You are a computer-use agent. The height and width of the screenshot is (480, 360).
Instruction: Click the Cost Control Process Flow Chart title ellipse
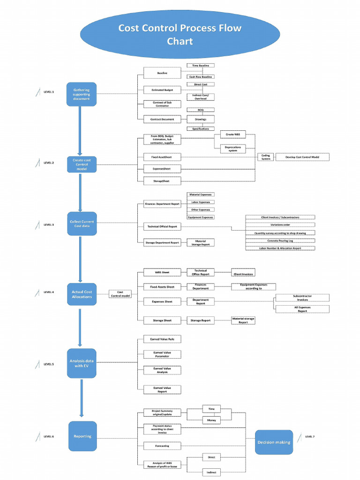(180, 35)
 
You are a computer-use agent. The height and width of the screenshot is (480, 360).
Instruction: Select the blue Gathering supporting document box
(81, 94)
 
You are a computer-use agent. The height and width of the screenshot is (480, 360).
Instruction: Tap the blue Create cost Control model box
(81, 165)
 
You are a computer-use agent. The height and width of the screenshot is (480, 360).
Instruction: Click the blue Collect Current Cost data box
(82, 224)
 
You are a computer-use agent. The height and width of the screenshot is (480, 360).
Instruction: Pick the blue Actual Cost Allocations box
(82, 294)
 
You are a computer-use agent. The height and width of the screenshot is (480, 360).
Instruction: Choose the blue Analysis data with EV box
(82, 363)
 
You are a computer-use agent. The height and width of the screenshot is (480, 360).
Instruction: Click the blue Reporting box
(82, 436)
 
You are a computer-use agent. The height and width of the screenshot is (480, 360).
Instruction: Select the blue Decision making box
(274, 442)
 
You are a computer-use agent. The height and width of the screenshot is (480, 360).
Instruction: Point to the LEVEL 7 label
(310, 436)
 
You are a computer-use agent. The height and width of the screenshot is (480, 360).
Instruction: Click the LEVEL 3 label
(49, 225)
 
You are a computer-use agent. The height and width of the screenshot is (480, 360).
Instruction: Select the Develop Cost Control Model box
(302, 157)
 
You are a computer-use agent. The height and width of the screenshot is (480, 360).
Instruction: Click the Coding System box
(266, 157)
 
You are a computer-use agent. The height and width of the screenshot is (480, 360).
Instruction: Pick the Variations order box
(280, 225)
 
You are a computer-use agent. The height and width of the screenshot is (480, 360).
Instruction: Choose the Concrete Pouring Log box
(280, 240)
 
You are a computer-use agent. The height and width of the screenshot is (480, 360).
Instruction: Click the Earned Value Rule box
(161, 338)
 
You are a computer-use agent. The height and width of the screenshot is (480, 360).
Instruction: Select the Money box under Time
(211, 420)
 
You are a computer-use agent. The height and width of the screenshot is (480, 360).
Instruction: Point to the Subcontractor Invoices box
(302, 298)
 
